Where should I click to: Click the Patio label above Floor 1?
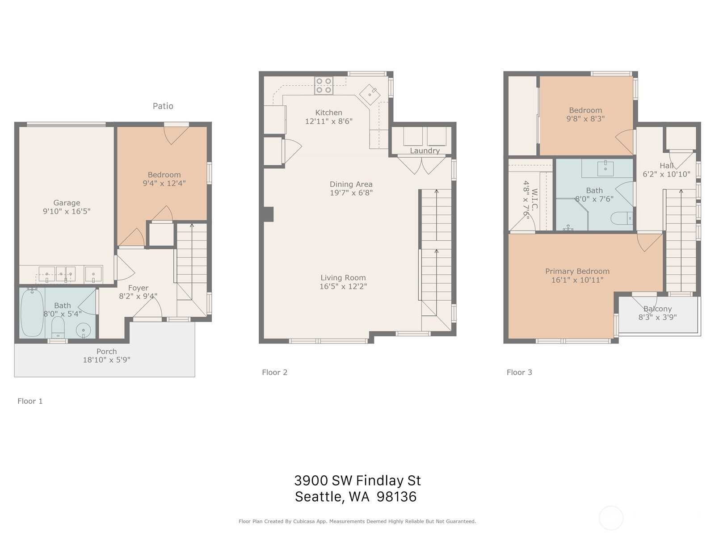tap(163, 106)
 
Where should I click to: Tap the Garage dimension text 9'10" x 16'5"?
tap(67, 211)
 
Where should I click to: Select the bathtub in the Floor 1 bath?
tap(32, 313)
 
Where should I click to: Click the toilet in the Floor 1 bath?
tap(58, 327)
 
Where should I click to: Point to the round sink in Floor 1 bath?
tap(84, 331)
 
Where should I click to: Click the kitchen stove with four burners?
tap(324, 86)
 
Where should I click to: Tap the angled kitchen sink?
tap(370, 94)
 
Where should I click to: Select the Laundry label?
tap(425, 151)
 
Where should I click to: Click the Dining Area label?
tap(351, 184)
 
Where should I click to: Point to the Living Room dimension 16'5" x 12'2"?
tap(343, 286)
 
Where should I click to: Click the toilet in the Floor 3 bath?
tap(622, 218)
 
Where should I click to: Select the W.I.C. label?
tap(534, 199)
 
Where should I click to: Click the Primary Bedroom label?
tap(577, 272)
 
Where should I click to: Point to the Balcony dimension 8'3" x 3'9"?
tap(657, 317)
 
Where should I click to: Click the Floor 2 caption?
tap(274, 373)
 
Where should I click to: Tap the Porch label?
tap(106, 352)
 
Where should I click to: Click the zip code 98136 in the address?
tap(396, 497)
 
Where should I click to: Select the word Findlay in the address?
tap(379, 481)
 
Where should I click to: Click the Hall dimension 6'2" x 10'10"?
tap(666, 174)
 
